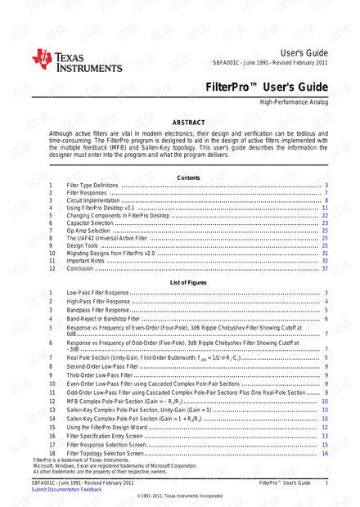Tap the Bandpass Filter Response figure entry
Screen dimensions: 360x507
[x=98, y=310]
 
